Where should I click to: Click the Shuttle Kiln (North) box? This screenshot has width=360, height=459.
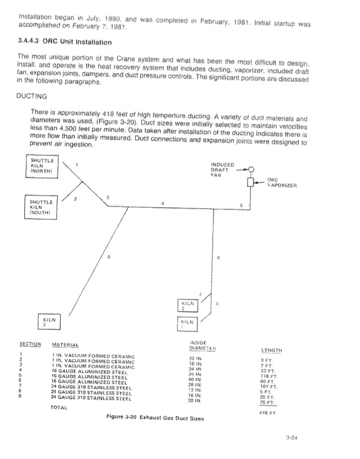tap(42, 165)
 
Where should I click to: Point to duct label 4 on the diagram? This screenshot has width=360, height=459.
tap(162, 203)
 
